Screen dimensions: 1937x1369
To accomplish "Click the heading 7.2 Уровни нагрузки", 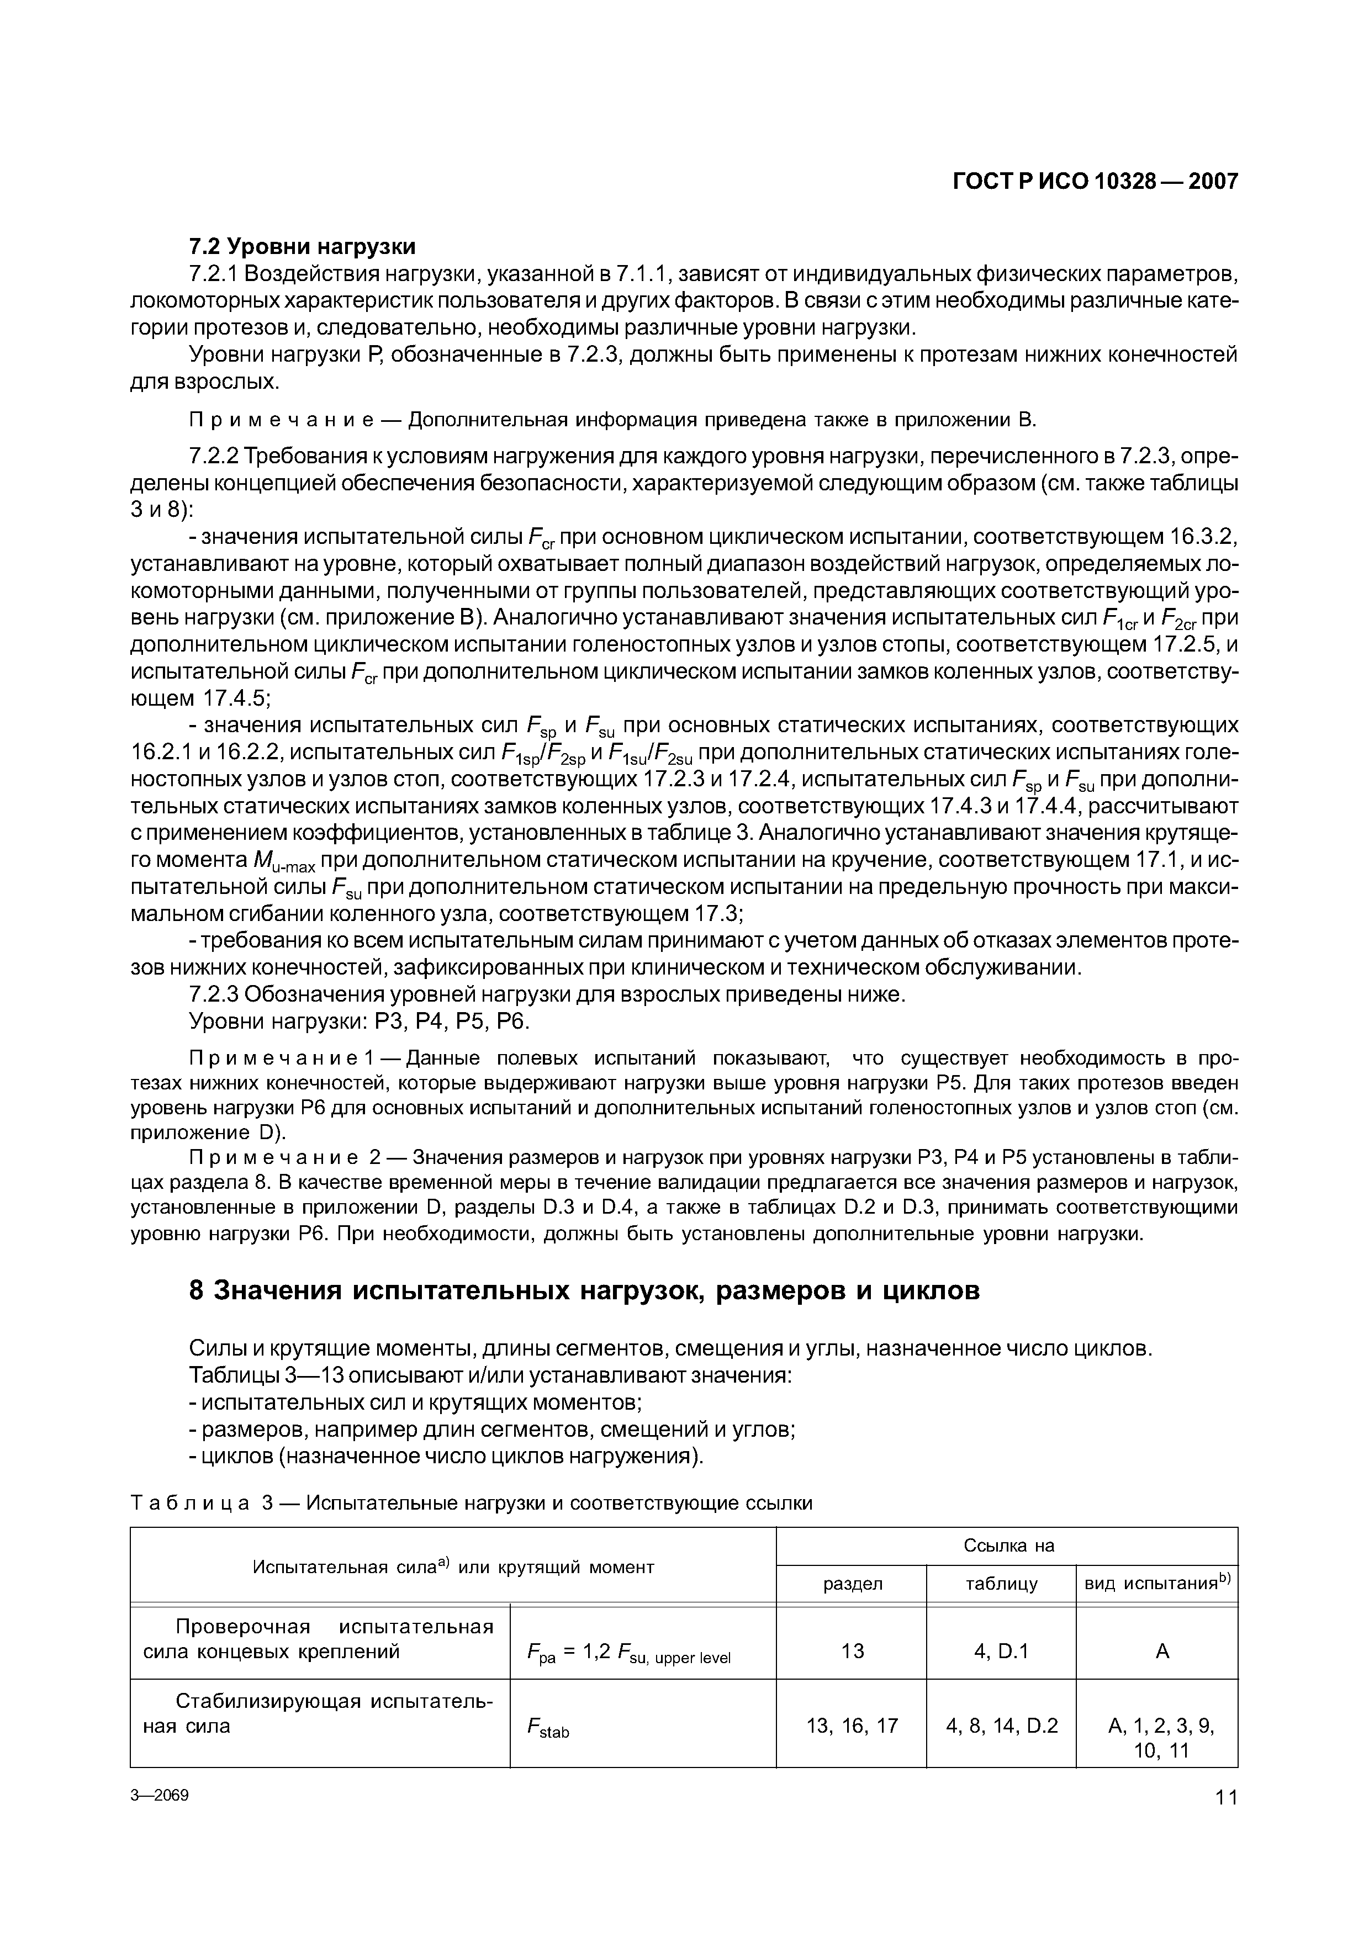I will point(302,246).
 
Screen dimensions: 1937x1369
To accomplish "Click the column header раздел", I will point(852,1584).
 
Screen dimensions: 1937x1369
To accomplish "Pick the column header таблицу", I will point(1001,1584).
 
